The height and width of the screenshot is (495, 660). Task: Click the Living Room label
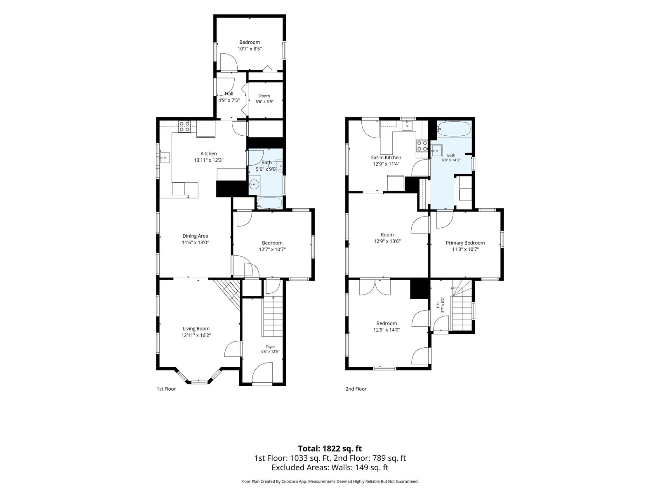196,328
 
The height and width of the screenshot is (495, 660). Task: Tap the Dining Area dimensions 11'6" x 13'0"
195,243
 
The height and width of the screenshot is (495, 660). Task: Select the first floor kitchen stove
184,127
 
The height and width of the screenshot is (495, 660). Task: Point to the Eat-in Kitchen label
386,158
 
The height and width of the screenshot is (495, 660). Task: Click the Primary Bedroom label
465,243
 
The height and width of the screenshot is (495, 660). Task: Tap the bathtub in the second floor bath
453,129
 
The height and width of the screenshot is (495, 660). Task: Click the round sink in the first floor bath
255,183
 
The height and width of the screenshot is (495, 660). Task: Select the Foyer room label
270,347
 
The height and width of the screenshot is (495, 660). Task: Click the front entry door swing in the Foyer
262,372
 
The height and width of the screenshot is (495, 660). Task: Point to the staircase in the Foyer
273,316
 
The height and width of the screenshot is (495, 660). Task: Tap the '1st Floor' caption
166,389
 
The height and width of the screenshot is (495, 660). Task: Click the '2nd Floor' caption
356,389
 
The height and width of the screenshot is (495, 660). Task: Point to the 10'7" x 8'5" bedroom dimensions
250,49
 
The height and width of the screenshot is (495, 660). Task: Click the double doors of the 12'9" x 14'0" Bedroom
375,288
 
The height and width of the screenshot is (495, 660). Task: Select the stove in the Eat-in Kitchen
422,146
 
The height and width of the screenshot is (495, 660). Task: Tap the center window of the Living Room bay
200,382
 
